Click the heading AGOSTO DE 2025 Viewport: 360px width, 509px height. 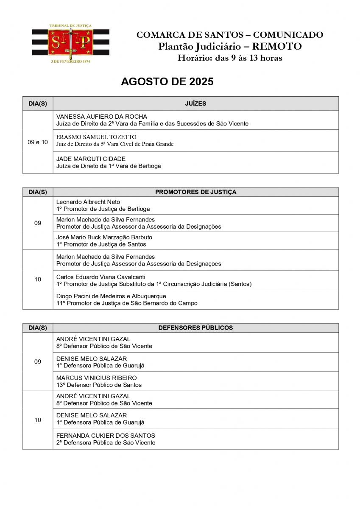167,82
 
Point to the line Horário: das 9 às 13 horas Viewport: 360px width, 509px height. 229,58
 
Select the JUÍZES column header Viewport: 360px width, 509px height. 195,103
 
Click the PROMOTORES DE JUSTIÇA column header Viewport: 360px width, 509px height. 195,192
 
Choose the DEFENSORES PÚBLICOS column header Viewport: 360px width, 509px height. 195,328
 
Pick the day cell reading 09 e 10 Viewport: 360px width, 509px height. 38,142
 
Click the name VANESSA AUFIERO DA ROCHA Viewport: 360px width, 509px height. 102,117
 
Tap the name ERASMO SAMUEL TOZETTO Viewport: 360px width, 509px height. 96,137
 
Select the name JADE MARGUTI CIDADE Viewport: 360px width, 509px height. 91,159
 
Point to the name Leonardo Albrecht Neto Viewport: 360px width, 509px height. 88,202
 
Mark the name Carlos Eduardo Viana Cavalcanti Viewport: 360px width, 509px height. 101,277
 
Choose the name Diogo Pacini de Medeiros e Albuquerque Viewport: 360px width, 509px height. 111,296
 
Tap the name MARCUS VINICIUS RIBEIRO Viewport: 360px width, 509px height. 97,378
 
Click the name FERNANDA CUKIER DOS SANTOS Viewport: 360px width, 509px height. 106,436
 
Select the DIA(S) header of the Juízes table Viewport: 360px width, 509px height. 38,103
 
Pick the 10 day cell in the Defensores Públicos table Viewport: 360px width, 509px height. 38,420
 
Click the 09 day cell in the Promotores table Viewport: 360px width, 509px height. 38,223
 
